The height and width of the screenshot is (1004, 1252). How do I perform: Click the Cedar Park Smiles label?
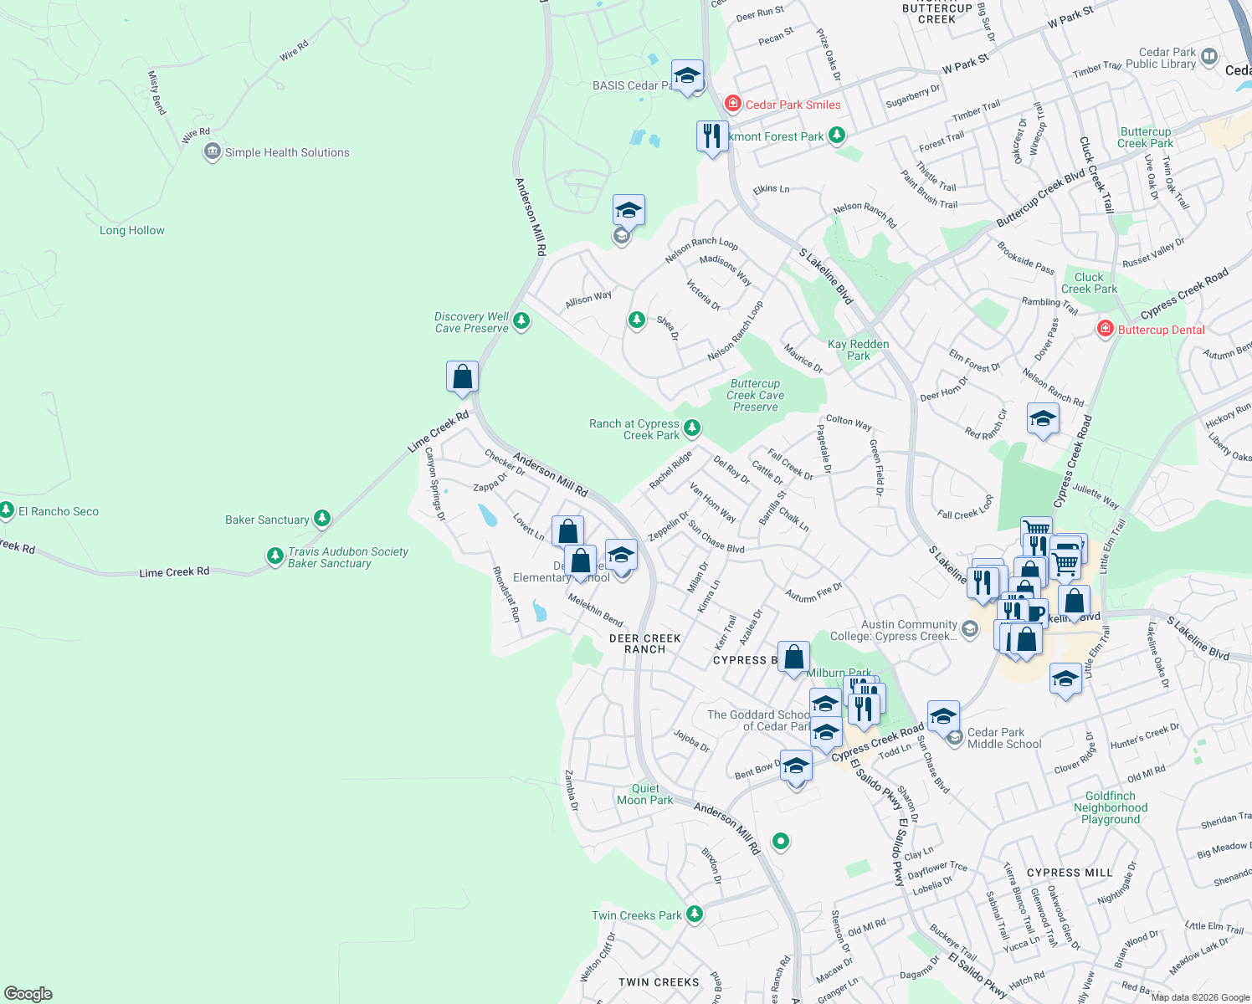(793, 105)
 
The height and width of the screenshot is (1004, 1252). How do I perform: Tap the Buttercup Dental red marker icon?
(1105, 329)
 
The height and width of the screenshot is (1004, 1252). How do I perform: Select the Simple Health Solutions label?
(287, 152)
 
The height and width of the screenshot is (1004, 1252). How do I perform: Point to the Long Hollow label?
(132, 230)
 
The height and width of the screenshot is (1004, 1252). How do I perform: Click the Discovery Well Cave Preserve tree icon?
(521, 321)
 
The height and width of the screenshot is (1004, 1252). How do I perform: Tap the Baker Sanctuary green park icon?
(322, 520)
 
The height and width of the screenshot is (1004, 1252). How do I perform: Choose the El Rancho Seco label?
(59, 511)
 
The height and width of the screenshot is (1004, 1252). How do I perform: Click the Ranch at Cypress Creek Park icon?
(692, 428)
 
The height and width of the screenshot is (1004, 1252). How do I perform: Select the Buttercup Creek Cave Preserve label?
(756, 395)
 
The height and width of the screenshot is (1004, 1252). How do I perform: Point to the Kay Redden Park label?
(859, 350)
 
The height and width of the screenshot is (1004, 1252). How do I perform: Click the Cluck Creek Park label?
(1089, 283)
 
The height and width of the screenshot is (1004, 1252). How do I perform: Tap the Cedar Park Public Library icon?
(1209, 57)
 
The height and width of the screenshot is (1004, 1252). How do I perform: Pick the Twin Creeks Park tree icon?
(695, 914)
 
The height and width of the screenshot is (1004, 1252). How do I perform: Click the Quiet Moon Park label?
(645, 794)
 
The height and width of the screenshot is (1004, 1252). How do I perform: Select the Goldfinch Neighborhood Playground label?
(1111, 807)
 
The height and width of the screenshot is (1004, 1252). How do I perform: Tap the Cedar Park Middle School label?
(1004, 738)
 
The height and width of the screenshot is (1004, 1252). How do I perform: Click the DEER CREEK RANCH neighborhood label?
(644, 643)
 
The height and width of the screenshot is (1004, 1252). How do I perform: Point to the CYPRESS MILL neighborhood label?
(1070, 873)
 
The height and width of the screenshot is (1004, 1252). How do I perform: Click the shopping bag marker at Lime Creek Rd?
(462, 377)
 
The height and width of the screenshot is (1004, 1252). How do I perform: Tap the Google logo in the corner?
(28, 993)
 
